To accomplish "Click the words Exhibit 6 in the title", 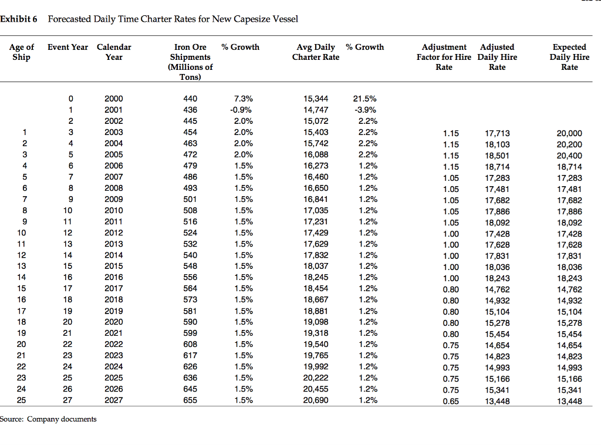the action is point(19,19).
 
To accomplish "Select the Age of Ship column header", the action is point(22,52).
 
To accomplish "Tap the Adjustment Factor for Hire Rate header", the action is point(444,57).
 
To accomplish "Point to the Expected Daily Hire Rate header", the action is point(569,57).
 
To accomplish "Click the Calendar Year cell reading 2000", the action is point(114,99).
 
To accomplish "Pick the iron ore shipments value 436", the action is point(190,110).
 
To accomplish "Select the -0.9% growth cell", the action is point(241,110).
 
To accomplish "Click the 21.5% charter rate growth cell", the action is point(364,99).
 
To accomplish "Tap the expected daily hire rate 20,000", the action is point(569,133).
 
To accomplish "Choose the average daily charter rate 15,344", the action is point(316,99).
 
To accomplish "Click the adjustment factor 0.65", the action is point(451,402).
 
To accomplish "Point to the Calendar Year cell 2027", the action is point(114,400).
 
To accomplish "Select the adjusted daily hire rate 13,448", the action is point(498,402).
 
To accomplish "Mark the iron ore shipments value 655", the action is point(190,400).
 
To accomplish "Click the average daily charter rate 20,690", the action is point(316,400).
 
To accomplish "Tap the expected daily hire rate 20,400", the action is point(569,156).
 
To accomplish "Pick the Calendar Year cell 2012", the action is point(114,232).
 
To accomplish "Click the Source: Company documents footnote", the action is point(48,419).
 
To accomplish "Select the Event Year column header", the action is point(68,47).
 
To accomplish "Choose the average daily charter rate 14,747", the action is point(316,110).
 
